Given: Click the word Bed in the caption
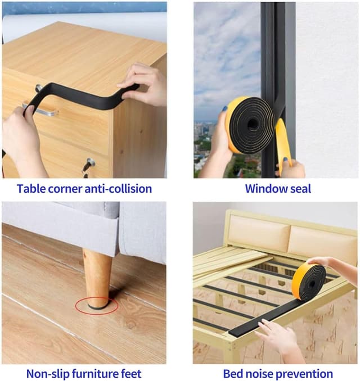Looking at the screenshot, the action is (232, 374).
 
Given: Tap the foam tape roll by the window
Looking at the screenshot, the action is (250, 125).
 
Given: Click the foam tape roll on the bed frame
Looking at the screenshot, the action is (309, 282).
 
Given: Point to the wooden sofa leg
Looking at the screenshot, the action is (97, 279).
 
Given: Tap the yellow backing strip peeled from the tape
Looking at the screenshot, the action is (283, 146).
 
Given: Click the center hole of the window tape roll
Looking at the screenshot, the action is (252, 124).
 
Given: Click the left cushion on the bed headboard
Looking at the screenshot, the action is (259, 234).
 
